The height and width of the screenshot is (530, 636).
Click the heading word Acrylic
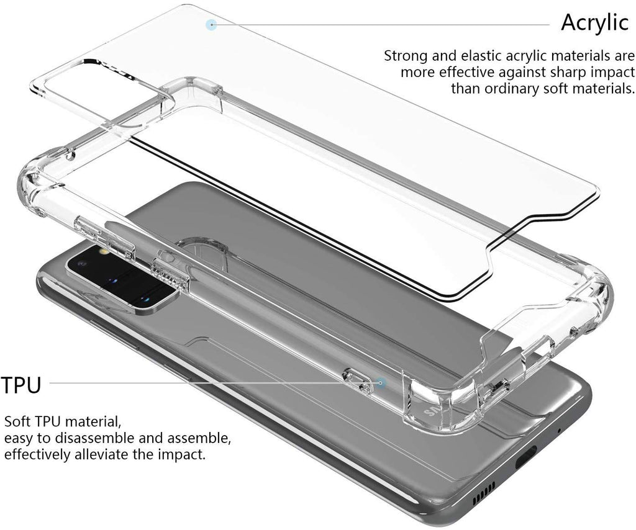594,22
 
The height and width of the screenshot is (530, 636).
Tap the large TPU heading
21,385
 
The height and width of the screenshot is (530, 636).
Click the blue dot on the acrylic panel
211,25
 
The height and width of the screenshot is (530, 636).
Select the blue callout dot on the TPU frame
381,383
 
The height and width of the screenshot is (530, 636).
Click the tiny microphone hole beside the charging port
559,430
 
